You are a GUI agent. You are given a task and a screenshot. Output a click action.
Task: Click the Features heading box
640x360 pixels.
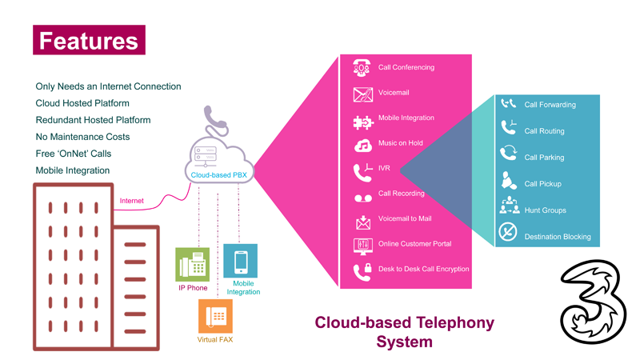pyautogui.click(x=89, y=40)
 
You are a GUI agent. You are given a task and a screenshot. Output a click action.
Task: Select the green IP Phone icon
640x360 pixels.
pyautogui.click(x=192, y=265)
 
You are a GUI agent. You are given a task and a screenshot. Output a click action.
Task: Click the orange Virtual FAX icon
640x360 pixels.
pyautogui.click(x=215, y=315)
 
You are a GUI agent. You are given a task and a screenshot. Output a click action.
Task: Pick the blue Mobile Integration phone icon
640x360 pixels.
pyautogui.click(x=240, y=260)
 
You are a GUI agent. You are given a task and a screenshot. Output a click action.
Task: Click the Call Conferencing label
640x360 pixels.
pyautogui.click(x=406, y=68)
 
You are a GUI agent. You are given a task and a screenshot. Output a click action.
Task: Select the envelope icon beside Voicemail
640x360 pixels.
pyautogui.click(x=363, y=94)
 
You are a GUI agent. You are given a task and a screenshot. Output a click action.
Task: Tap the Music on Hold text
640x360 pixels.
pyautogui.click(x=400, y=143)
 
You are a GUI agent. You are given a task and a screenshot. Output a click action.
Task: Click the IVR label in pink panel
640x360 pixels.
pyautogui.click(x=385, y=169)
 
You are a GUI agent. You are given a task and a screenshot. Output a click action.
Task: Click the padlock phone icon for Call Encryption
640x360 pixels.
pyautogui.click(x=363, y=270)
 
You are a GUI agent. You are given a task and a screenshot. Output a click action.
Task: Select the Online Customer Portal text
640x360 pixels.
pyautogui.click(x=414, y=244)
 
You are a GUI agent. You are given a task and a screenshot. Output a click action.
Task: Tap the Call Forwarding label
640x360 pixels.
pyautogui.click(x=550, y=105)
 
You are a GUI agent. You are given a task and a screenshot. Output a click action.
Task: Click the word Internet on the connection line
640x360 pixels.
pyautogui.click(x=132, y=201)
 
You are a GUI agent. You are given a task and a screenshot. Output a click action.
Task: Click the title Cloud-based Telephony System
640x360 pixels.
pyautogui.click(x=404, y=332)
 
